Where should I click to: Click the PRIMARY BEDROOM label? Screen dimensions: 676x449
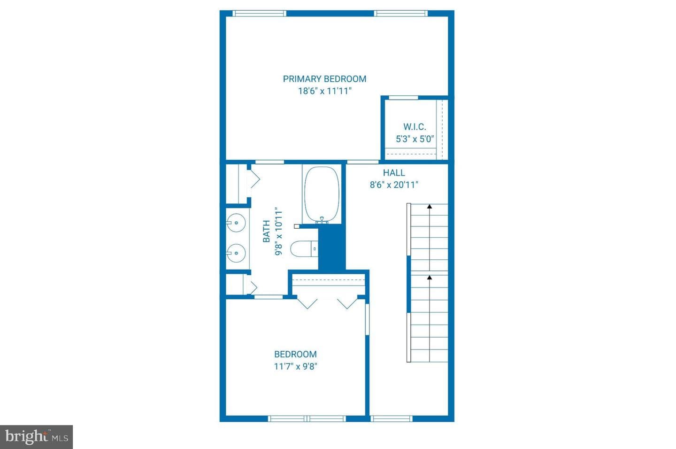pos(324,79)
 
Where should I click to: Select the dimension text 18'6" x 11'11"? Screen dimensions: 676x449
pos(325,91)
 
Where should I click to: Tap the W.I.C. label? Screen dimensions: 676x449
pos(415,127)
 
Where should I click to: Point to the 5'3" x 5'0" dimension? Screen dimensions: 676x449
pos(415,139)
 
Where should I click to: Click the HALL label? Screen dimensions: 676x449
pos(394,173)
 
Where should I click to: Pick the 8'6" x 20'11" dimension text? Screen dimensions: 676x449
pos(394,185)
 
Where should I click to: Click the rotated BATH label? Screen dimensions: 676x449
pos(267,231)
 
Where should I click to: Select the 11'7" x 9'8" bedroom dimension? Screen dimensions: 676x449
pos(295,366)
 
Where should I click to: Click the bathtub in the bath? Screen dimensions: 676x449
pos(322,195)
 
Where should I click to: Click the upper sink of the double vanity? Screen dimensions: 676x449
pos(236,223)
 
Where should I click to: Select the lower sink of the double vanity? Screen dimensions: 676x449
pos(236,253)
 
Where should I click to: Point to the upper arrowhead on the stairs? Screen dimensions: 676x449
pos(430,207)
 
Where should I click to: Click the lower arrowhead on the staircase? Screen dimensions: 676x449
pos(430,277)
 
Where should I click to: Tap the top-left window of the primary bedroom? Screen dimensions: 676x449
pos(259,13)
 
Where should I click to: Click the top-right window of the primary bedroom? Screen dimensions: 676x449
pos(401,13)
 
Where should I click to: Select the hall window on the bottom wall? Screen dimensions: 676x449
pos(391,418)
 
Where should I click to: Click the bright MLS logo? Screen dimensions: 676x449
pos(37,437)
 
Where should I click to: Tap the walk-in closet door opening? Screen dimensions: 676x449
pos(403,98)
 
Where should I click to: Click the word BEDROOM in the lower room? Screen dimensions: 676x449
pos(295,354)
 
